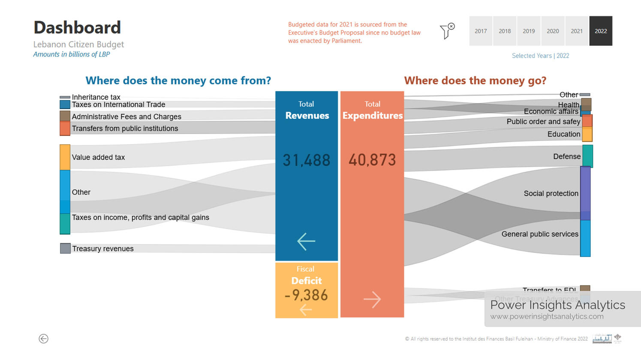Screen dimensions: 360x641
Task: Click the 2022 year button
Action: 601,31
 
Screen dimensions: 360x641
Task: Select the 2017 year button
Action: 481,31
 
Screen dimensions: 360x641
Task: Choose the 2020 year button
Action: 553,31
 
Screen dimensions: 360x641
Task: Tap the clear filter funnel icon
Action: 447,31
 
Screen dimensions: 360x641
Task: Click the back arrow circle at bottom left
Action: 43,339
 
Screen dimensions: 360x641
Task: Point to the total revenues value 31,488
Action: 306,160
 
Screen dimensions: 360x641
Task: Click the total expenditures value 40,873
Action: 372,160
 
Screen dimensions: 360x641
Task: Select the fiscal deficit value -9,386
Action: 306,295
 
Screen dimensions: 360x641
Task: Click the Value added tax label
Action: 98,157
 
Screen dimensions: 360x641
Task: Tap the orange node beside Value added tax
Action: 65,157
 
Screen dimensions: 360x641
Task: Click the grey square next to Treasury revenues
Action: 65,248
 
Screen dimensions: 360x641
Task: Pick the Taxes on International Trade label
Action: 118,105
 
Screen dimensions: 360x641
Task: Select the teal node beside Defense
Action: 587,156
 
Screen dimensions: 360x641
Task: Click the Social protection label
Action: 551,193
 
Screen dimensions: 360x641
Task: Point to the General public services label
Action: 540,234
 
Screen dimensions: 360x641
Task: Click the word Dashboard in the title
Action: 77,27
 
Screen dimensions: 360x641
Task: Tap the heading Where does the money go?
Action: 475,81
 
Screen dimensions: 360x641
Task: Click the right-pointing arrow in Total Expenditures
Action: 372,300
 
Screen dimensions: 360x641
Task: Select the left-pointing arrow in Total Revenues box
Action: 306,241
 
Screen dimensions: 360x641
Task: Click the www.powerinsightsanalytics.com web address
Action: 547,316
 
